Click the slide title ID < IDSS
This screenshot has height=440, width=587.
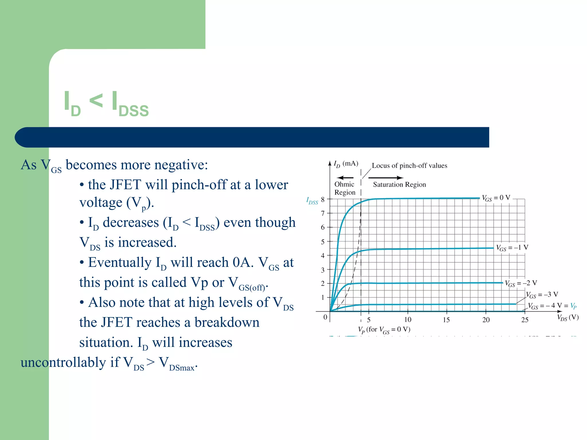click(106, 104)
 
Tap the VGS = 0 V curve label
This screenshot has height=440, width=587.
click(496, 198)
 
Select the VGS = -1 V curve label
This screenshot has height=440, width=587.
click(512, 247)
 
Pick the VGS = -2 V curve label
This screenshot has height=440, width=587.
click(521, 283)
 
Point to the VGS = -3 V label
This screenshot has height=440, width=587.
click(542, 295)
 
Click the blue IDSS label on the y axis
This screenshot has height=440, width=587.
click(312, 201)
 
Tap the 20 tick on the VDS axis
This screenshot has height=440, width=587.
click(486, 320)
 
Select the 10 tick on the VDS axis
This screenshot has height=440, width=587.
click(408, 320)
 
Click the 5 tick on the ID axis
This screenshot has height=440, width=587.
click(323, 242)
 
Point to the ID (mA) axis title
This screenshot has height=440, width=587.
click(346, 164)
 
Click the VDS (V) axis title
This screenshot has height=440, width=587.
click(568, 318)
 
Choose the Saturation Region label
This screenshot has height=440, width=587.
click(399, 185)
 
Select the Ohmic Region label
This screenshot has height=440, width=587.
click(345, 188)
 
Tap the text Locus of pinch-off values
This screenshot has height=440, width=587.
click(409, 166)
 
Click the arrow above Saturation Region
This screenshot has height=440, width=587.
click(386, 178)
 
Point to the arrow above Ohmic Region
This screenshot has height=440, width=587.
click(345, 178)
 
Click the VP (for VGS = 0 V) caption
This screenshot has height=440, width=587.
click(384, 330)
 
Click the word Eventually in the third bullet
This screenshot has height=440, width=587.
click(120, 263)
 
